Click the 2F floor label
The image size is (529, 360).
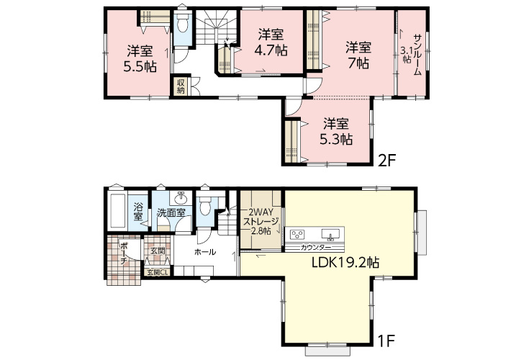point(386,161)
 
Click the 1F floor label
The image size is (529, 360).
point(386,341)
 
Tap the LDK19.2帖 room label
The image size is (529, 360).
point(345,262)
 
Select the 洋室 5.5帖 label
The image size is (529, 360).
point(140,59)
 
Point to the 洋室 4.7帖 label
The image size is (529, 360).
point(271,42)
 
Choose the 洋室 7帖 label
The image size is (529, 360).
point(358,55)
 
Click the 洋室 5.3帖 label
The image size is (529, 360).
point(336,131)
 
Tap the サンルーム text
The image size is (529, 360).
point(417,55)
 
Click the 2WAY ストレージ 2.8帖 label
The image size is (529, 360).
point(261,222)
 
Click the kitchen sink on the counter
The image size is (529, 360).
point(330,235)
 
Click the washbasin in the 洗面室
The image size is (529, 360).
point(181,197)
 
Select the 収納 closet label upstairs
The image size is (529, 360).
point(181,86)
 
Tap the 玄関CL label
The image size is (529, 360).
point(158,272)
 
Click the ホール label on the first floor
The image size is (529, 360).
point(205,252)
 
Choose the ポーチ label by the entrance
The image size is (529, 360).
point(123,253)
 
